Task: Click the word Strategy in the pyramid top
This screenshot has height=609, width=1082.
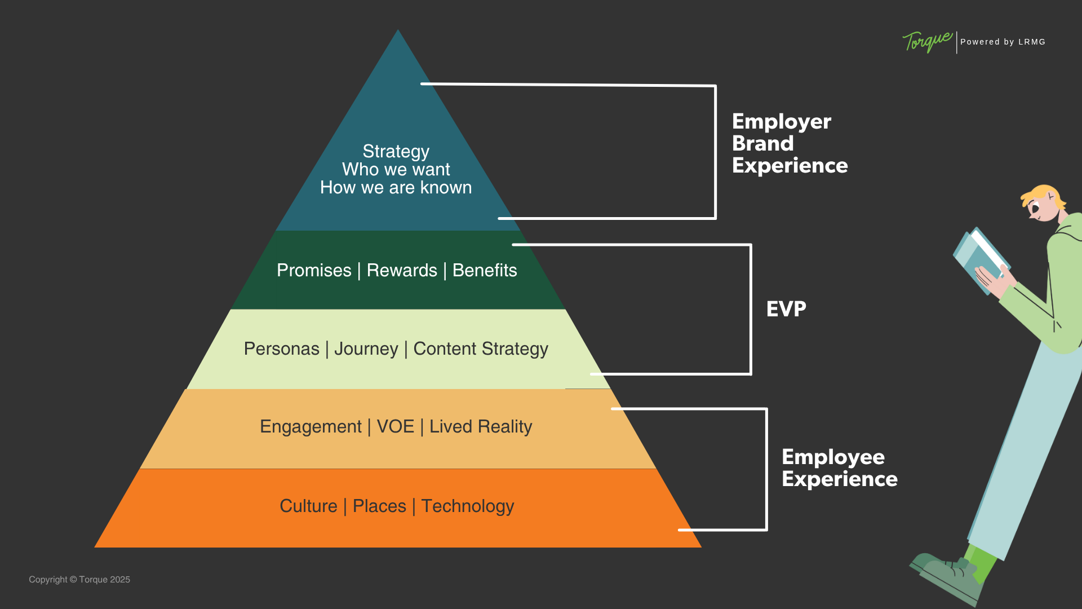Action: [396, 152]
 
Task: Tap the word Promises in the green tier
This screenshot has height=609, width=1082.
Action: [314, 271]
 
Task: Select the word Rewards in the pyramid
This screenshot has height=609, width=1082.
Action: [402, 271]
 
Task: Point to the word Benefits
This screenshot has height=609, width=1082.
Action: [485, 271]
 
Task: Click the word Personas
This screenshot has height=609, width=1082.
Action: [281, 349]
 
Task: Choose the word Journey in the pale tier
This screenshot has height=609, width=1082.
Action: [366, 349]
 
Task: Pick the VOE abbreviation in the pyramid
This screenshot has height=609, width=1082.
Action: [395, 427]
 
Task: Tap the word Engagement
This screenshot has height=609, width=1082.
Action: [311, 427]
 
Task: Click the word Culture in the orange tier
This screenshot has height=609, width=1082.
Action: [308, 506]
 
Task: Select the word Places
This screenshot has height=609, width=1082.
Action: [379, 506]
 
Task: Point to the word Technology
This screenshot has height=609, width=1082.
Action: [468, 506]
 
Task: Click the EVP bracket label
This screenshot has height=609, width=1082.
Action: [786, 309]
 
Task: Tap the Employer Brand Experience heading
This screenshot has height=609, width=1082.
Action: [790, 144]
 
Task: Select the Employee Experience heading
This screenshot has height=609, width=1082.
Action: [839, 468]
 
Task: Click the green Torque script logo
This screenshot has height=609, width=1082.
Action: [927, 42]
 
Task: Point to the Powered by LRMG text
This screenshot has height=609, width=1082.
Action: [1003, 42]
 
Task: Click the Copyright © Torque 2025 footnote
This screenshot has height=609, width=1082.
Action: [79, 580]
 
